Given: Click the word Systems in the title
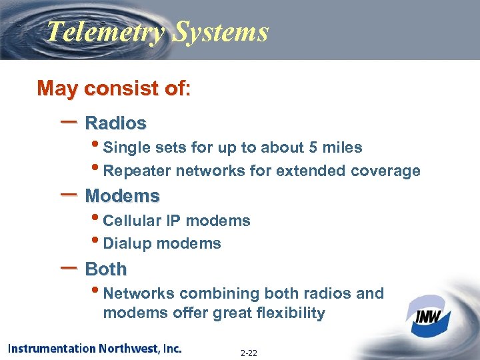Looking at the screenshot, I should click(x=220, y=32).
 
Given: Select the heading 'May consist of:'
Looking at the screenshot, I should click(x=114, y=89).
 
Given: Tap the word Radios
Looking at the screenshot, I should click(x=116, y=123).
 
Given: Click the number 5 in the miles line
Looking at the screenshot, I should click(x=313, y=147).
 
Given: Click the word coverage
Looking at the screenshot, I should click(x=387, y=171).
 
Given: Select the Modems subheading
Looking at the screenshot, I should click(x=123, y=196).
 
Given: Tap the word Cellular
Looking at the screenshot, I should click(x=135, y=221).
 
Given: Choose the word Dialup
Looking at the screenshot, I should click(x=128, y=244).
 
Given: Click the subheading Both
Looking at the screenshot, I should click(x=106, y=269).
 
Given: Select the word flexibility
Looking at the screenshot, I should click(x=291, y=313).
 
